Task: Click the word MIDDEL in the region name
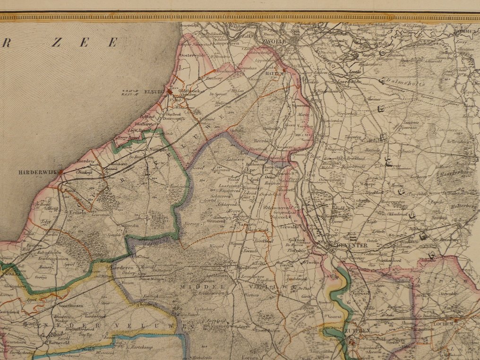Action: click(205, 287)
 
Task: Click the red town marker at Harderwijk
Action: click(60, 172)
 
